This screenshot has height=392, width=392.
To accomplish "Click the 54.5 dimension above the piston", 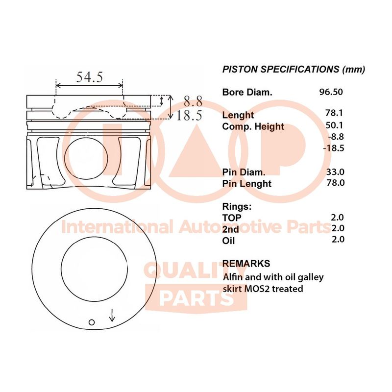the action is pyautogui.click(x=90, y=77).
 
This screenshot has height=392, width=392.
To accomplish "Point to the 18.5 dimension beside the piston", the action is pyautogui.click(x=189, y=116).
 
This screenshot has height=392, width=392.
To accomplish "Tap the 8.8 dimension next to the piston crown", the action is pyautogui.click(x=193, y=101).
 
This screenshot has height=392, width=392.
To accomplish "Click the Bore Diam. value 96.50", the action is pyautogui.click(x=331, y=92).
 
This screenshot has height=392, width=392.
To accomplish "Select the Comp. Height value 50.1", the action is pyautogui.click(x=334, y=125).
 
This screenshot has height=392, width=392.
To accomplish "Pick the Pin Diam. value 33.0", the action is pyautogui.click(x=335, y=172).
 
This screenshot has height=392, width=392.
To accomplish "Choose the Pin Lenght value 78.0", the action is pyautogui.click(x=336, y=183).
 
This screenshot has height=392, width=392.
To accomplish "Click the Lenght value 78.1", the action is pyautogui.click(x=334, y=113).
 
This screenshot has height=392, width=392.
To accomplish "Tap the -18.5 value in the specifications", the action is pyautogui.click(x=334, y=148).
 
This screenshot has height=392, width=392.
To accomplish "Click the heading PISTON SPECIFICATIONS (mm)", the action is pyautogui.click(x=294, y=69).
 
